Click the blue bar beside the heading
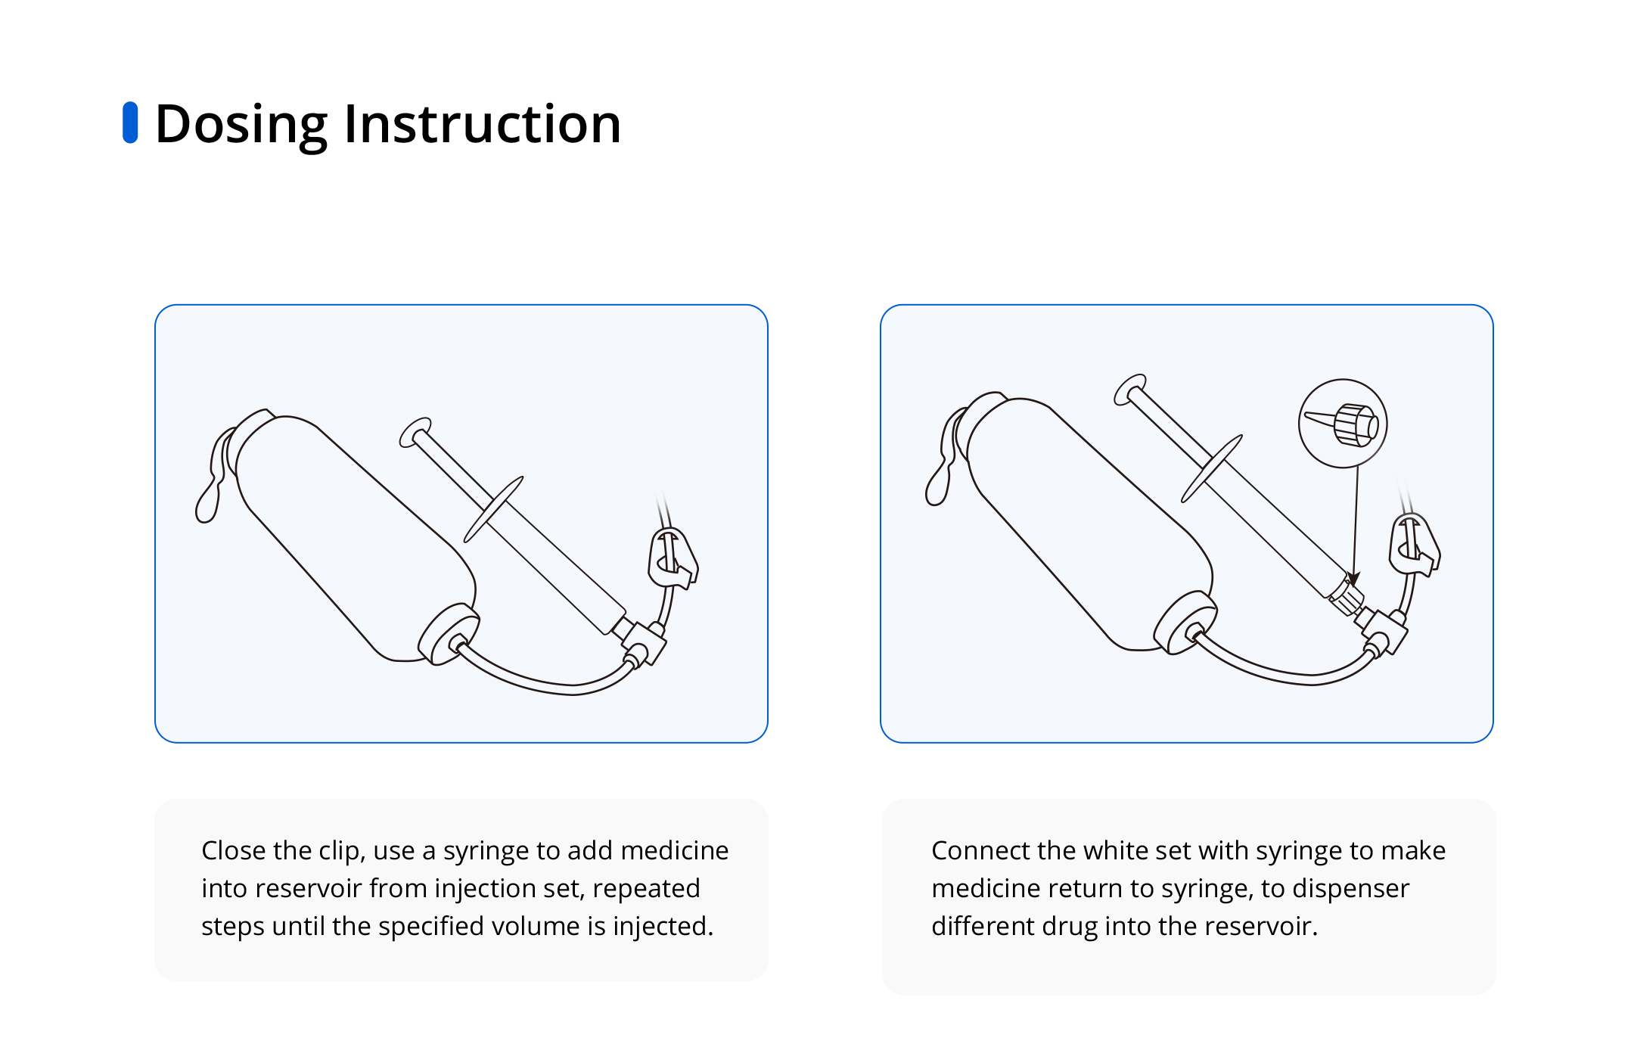(x=130, y=123)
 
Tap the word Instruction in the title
(x=483, y=123)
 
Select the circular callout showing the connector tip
(x=1343, y=424)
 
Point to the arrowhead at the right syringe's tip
(x=1353, y=578)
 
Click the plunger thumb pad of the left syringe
(x=415, y=432)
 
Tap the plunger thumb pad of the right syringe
(x=1130, y=389)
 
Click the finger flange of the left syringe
(x=493, y=509)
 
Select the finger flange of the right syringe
(x=1212, y=468)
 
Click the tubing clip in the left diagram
(x=673, y=558)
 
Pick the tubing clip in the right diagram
(x=1414, y=545)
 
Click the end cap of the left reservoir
(x=449, y=634)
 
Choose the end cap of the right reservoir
(x=1185, y=623)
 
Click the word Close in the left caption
(x=234, y=850)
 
